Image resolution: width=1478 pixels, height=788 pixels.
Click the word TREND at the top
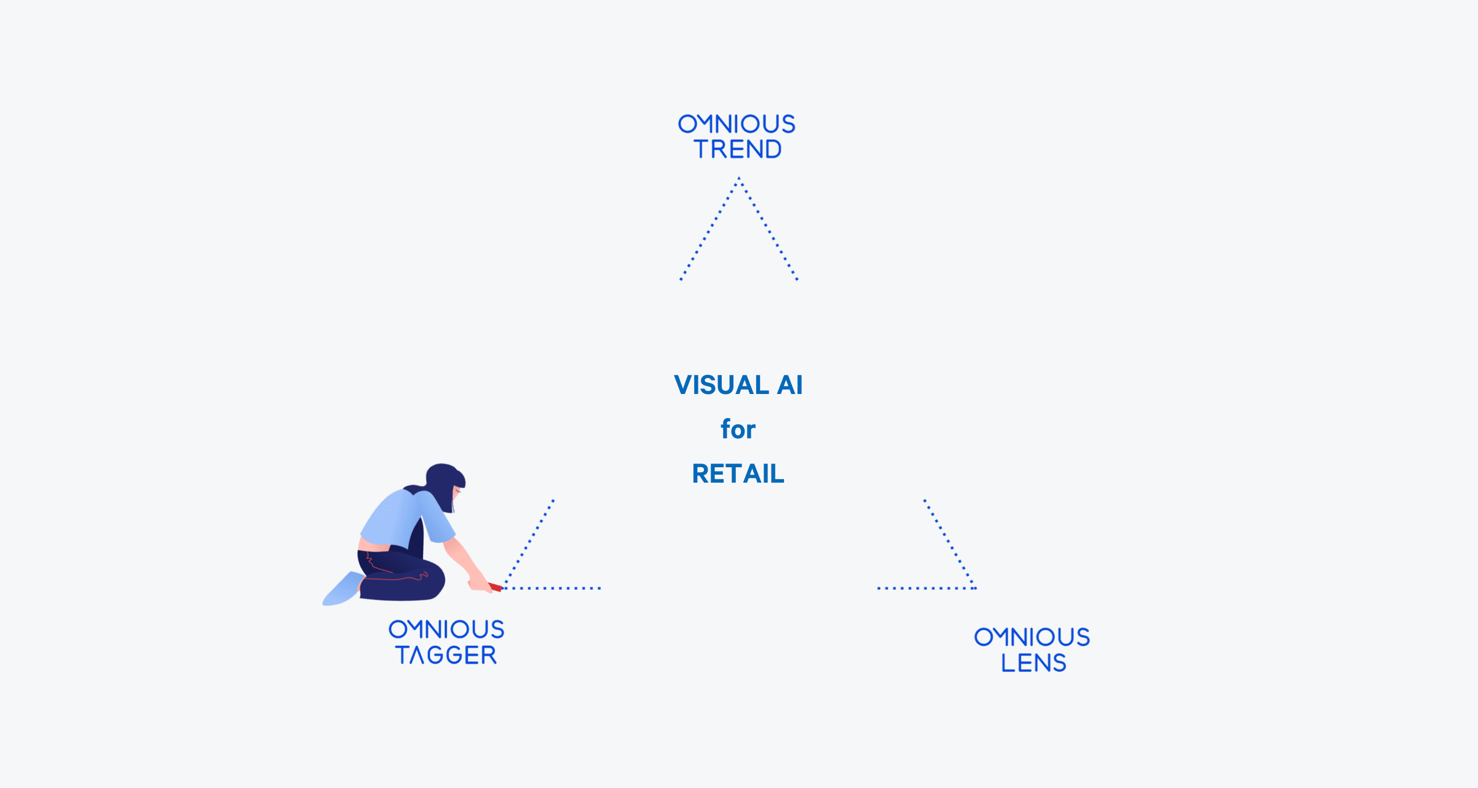click(738, 149)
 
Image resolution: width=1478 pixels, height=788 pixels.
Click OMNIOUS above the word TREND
click(737, 124)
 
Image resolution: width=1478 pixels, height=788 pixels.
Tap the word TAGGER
click(446, 655)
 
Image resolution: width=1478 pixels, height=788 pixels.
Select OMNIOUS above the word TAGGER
click(446, 629)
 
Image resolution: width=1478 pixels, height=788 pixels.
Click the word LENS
click(1033, 663)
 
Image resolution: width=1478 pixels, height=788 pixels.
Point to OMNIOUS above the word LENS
click(1032, 637)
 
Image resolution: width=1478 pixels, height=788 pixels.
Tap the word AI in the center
click(790, 385)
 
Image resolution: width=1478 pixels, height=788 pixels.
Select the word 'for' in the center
click(738, 428)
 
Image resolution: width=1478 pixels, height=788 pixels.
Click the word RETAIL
click(738, 473)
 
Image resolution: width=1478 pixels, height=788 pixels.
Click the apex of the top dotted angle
click(739, 178)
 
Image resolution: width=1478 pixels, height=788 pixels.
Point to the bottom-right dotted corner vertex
click(975, 588)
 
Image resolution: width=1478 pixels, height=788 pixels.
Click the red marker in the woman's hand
click(495, 587)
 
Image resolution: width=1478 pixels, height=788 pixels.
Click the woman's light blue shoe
click(342, 589)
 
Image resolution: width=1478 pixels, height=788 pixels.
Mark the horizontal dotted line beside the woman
click(552, 588)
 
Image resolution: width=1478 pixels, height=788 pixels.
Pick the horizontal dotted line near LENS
click(927, 588)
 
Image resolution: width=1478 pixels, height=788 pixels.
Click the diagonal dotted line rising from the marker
click(529, 544)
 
